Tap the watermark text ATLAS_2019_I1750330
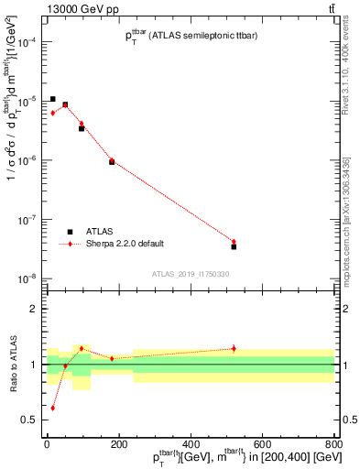[191, 274]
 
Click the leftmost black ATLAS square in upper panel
[53, 99]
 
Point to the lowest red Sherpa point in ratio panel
[53, 408]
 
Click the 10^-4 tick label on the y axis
[27, 42]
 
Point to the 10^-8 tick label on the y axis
[27, 278]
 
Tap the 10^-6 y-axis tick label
[27, 160]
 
